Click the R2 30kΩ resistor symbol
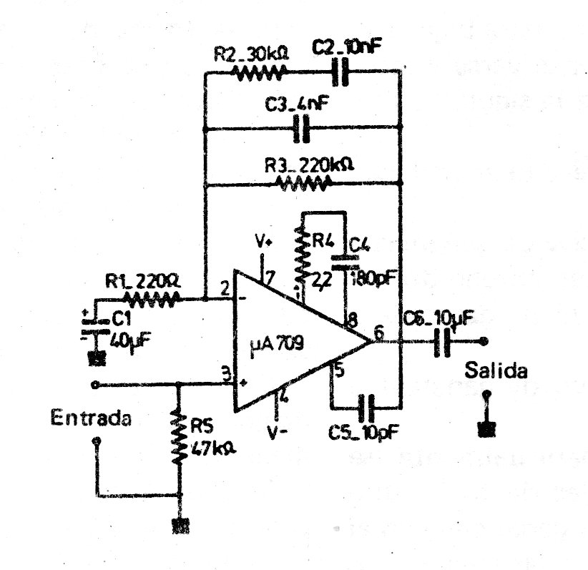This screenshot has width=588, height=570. pyautogui.click(x=260, y=72)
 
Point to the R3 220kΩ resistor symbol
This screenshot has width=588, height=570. pyautogui.click(x=303, y=185)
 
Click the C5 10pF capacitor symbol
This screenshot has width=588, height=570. pyautogui.click(x=368, y=408)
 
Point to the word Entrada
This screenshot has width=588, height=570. pyautogui.click(x=91, y=418)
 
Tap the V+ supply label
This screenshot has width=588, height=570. pyautogui.click(x=265, y=240)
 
